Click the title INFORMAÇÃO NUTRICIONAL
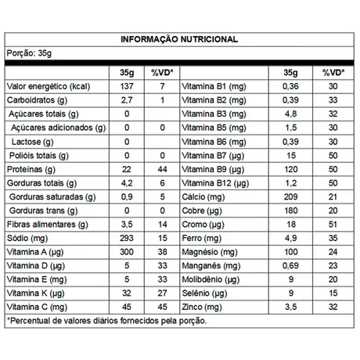click(x=180, y=39)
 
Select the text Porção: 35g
click(x=27, y=53)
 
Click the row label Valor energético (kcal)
click(x=46, y=86)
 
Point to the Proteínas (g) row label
click(x=31, y=170)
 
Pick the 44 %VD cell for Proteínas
click(x=160, y=170)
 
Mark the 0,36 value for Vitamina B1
click(x=290, y=86)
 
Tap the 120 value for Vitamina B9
click(x=290, y=170)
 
